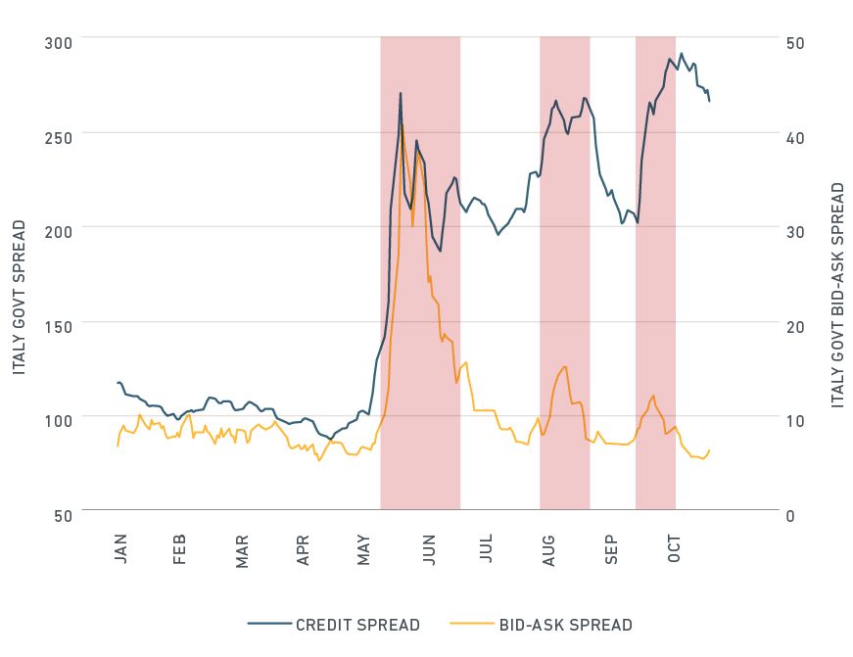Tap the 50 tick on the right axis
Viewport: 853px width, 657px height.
[795, 43]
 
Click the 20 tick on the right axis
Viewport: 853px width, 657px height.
[795, 327]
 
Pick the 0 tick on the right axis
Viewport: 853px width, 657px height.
[791, 516]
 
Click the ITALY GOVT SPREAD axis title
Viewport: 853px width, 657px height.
[20, 297]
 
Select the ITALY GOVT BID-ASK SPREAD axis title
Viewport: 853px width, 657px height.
[837, 294]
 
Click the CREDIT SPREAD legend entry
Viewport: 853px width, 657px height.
[356, 625]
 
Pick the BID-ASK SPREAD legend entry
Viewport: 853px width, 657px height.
[565, 625]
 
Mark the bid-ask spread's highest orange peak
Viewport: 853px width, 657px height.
[402, 124]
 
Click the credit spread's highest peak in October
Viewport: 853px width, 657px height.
[682, 54]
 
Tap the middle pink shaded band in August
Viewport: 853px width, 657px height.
[565, 274]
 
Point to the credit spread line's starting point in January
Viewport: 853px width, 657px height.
[118, 383]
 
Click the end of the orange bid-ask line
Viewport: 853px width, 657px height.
[709, 450]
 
